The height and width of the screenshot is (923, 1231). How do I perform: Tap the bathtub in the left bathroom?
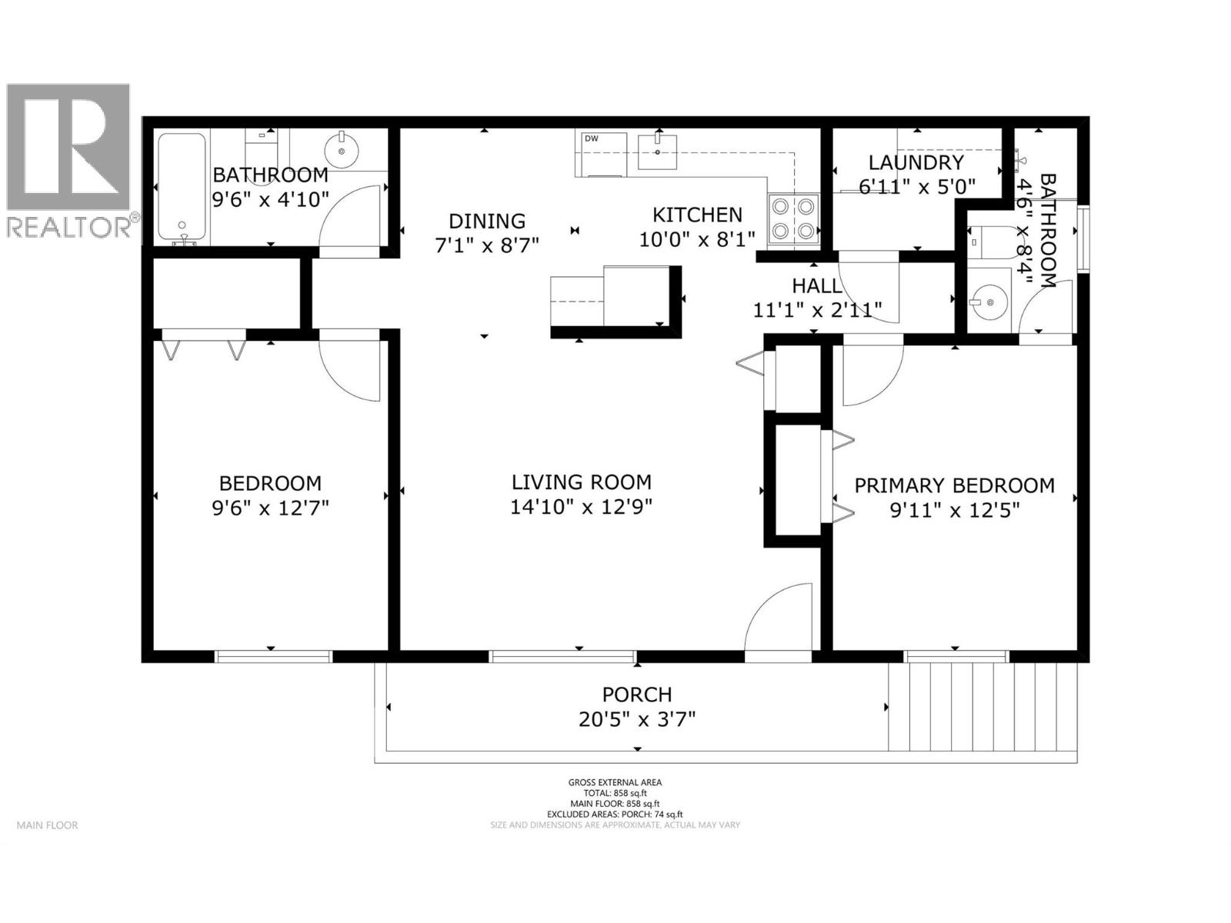pyautogui.click(x=182, y=187)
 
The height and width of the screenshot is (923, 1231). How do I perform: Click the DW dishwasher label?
pyautogui.click(x=591, y=138)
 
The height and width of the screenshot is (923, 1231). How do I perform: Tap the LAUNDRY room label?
pyautogui.click(x=916, y=162)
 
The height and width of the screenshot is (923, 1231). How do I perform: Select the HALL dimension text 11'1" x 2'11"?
pyautogui.click(x=816, y=310)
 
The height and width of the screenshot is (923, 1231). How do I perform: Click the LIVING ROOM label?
pyautogui.click(x=581, y=482)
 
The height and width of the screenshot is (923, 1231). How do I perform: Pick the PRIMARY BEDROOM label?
pyautogui.click(x=954, y=485)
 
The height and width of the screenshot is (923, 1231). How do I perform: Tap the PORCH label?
pyautogui.click(x=637, y=695)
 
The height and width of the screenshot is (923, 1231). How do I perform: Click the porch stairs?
pyautogui.click(x=982, y=707)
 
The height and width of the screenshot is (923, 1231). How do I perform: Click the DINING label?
pyautogui.click(x=487, y=221)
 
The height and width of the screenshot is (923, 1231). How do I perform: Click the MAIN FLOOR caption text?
pyautogui.click(x=48, y=825)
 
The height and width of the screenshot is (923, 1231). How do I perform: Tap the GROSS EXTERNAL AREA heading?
pyautogui.click(x=615, y=782)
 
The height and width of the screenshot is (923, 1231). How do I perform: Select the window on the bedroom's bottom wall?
pyautogui.click(x=273, y=656)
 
